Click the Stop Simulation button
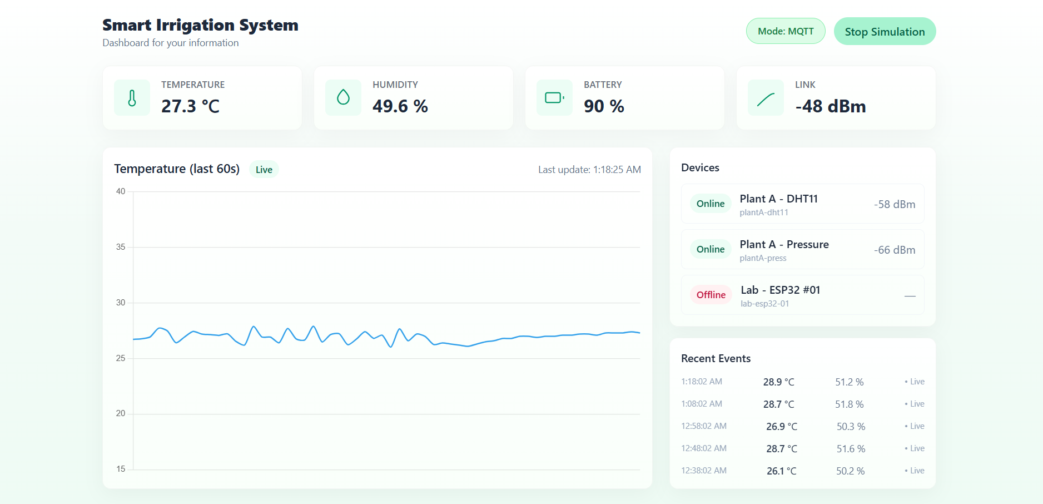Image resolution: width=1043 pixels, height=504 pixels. [x=885, y=32]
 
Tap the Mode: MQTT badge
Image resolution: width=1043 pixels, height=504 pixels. [x=786, y=31]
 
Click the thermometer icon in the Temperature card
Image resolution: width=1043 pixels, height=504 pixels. [x=132, y=98]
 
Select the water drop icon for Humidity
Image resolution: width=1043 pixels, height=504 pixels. [x=343, y=97]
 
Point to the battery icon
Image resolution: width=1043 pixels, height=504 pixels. [x=554, y=98]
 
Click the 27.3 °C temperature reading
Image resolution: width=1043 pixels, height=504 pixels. [x=190, y=106]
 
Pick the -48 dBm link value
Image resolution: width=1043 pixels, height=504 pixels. [x=830, y=106]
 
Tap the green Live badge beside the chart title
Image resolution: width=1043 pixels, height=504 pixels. [x=264, y=170]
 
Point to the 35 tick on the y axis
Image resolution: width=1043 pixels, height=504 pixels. [x=121, y=247]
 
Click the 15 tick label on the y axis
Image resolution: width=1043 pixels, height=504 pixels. [x=121, y=469]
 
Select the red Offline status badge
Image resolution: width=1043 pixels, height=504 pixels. [x=711, y=295]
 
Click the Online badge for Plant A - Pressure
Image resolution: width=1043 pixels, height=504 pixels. [x=711, y=249]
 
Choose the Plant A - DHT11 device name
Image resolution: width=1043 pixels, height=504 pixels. [x=778, y=199]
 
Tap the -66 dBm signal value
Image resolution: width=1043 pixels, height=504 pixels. [x=894, y=250]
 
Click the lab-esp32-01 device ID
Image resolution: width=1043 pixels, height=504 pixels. [x=764, y=304]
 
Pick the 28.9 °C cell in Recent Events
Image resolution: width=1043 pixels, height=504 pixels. [x=778, y=382]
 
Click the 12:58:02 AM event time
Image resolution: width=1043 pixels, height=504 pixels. [x=704, y=426]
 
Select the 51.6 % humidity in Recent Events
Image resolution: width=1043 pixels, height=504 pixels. [x=851, y=449]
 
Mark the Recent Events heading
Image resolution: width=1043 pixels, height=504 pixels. [x=716, y=359]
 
